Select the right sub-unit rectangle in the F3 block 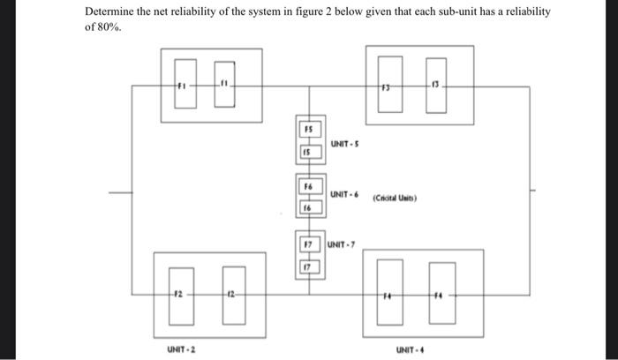point(434,86)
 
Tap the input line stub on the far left point(119,191)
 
